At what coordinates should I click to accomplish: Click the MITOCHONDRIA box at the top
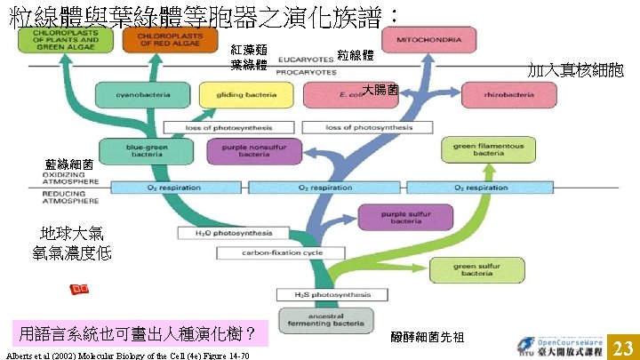(420, 41)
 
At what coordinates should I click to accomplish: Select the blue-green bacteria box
(134, 151)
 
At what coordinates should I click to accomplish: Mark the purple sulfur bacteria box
(402, 216)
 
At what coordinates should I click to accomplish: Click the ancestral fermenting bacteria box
(320, 321)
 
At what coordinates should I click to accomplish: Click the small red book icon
(79, 291)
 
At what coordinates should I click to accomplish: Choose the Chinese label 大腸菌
(380, 89)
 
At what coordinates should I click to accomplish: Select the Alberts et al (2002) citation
(127, 356)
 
